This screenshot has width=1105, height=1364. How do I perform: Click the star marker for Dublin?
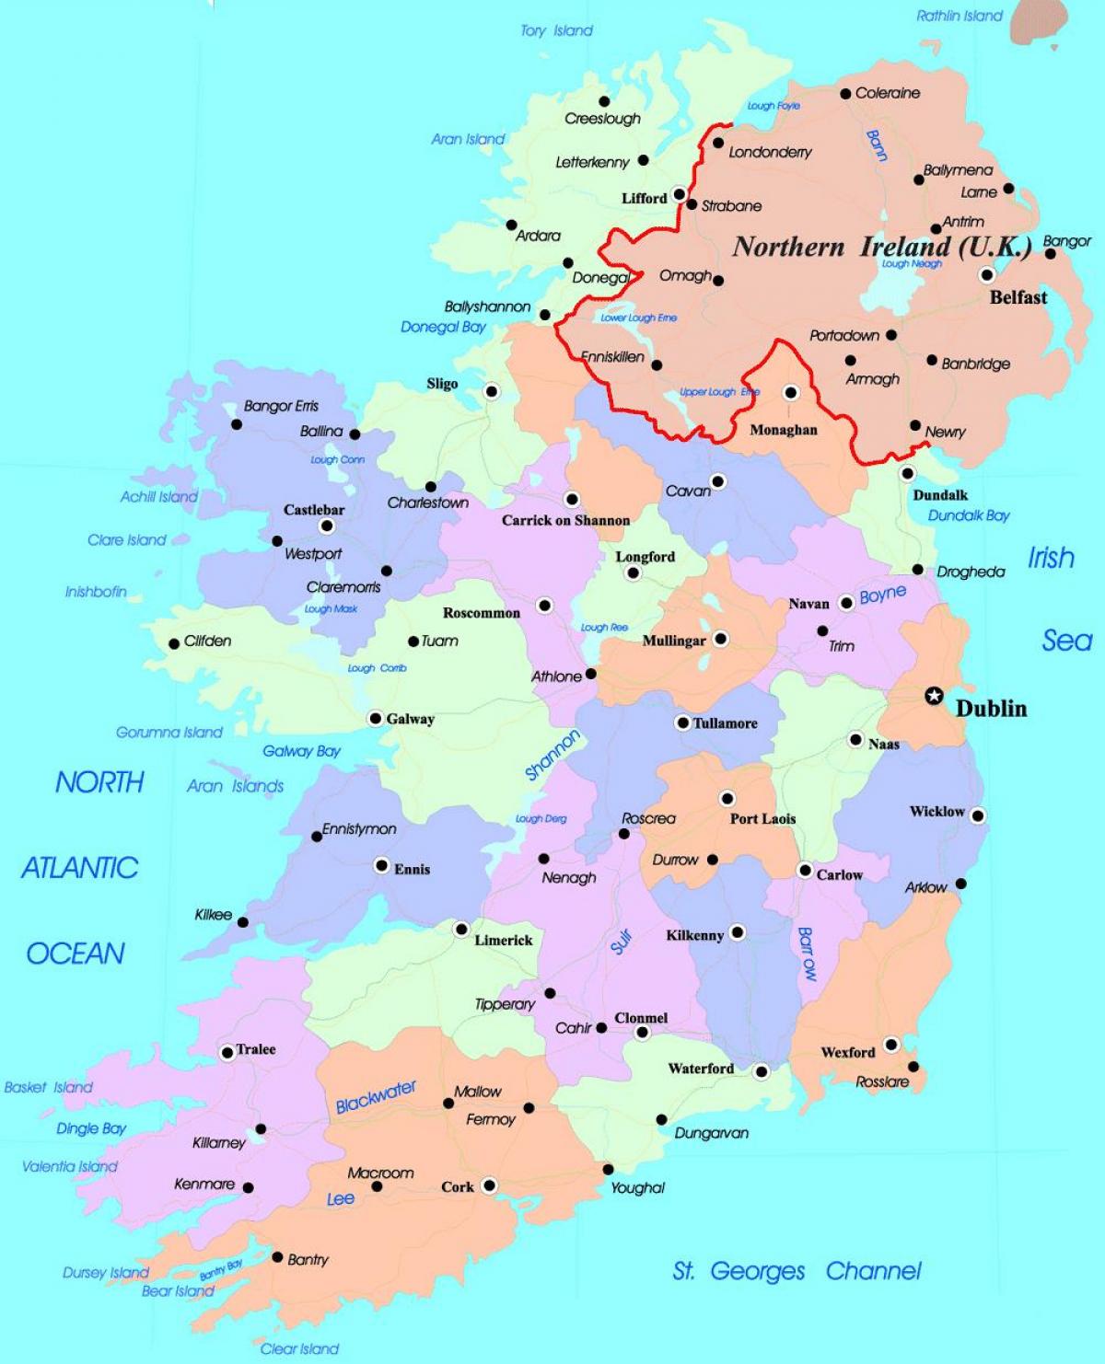[935, 696]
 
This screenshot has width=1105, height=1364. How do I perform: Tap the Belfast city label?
[1018, 297]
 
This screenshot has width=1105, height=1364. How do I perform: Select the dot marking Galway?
[376, 719]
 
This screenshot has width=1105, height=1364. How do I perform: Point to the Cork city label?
[458, 1186]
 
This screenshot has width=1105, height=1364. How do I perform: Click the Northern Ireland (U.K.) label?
[881, 247]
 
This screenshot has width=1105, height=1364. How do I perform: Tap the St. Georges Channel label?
[797, 1271]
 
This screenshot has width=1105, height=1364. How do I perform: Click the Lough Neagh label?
[912, 264]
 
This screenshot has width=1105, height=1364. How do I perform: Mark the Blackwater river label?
[376, 1096]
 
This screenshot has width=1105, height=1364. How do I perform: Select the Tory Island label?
[556, 31]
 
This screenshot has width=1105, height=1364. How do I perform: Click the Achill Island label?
[159, 497]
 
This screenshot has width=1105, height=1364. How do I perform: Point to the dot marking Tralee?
[227, 1052]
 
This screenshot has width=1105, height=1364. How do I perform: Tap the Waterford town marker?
[761, 1071]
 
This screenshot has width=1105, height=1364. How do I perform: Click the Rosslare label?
[882, 1081]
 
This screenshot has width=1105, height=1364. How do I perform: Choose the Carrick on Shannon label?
[565, 520]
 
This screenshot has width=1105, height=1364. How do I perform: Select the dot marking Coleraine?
[845, 93]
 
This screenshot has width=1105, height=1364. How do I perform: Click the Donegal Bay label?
[443, 327]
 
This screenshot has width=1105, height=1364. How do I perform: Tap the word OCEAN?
[75, 953]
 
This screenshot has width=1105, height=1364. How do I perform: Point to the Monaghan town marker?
[790, 393]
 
